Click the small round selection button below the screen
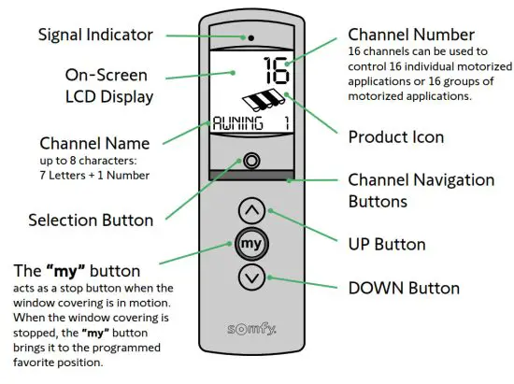(x=251, y=159)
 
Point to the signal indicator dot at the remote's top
(x=251, y=37)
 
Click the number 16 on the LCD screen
(x=275, y=72)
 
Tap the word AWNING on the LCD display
(x=239, y=122)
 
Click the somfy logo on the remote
(x=253, y=330)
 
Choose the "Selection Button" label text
(x=91, y=220)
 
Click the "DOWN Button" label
(x=403, y=288)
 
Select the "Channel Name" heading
(x=93, y=144)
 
